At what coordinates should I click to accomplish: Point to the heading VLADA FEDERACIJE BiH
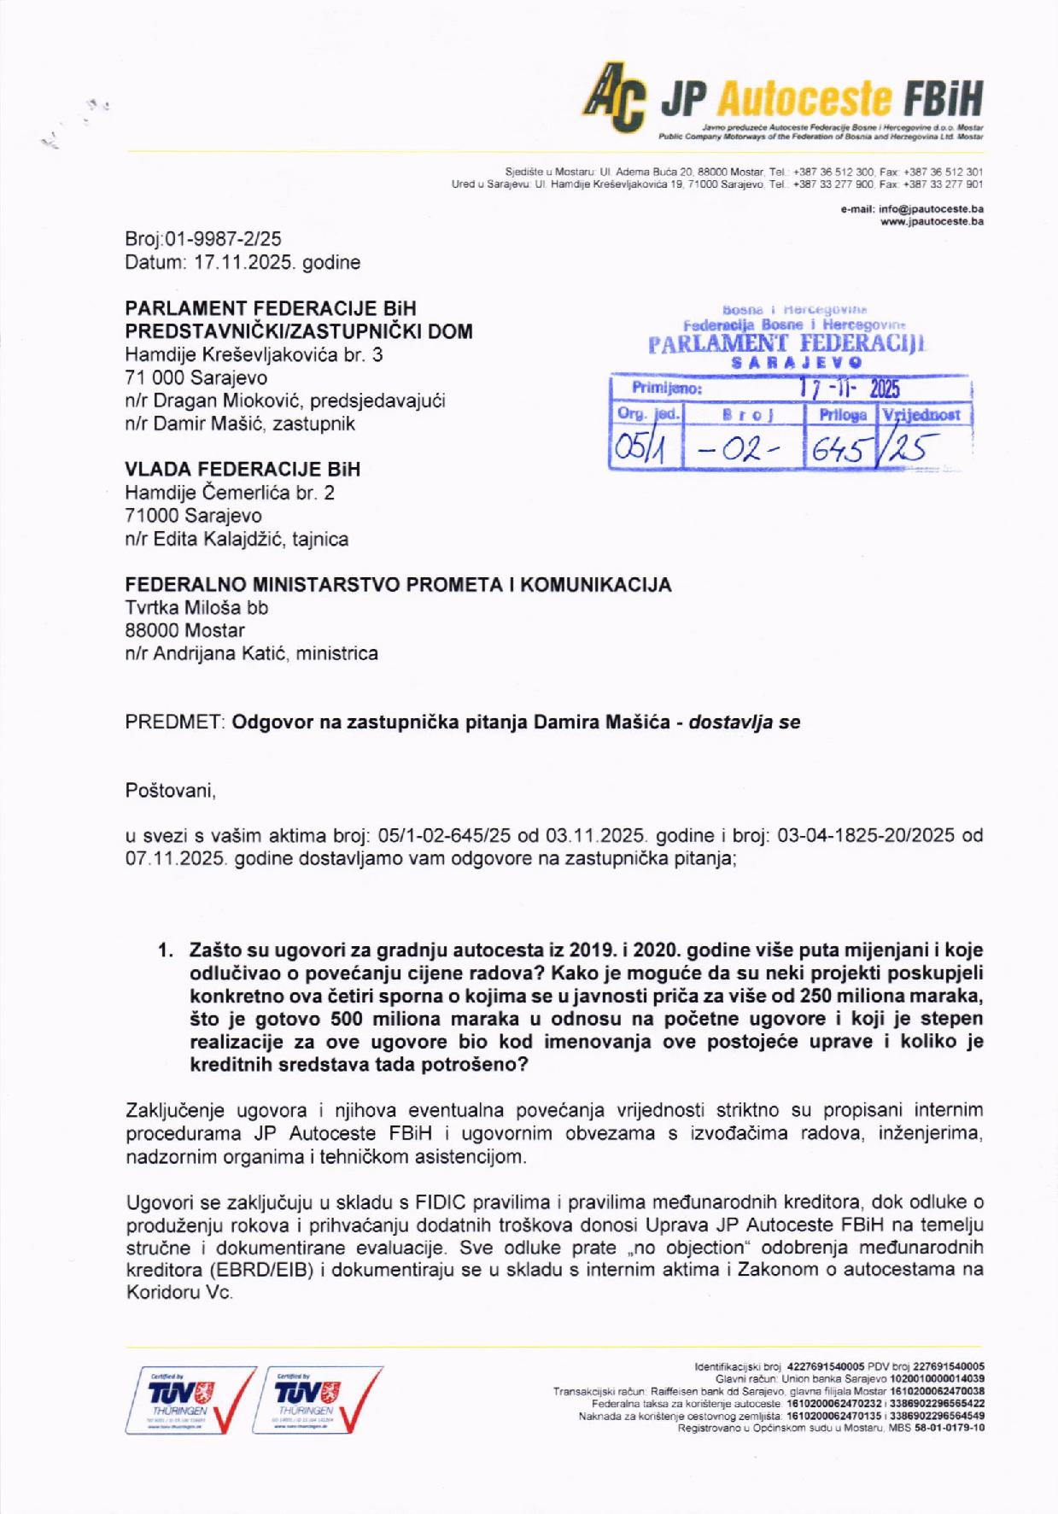[243, 470]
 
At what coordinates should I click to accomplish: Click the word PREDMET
[175, 722]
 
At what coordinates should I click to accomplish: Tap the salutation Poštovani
[171, 791]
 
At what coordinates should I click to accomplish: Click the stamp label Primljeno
[666, 389]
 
